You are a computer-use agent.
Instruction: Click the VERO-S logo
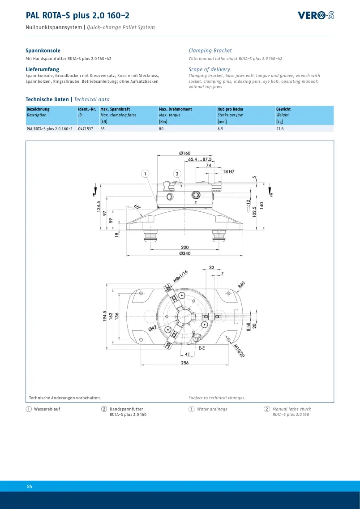(x=316, y=15)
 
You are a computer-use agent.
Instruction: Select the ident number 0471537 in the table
(x=86, y=129)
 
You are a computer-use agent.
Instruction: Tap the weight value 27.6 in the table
(x=280, y=129)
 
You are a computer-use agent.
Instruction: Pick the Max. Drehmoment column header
(x=175, y=109)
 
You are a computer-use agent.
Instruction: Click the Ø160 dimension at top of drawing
(x=185, y=153)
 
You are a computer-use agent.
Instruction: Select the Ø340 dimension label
(x=185, y=253)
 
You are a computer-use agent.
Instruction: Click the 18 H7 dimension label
(x=228, y=171)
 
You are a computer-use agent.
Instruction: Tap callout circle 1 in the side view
(x=145, y=174)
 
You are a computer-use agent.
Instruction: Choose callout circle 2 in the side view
(x=177, y=174)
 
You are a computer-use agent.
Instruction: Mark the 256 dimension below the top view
(x=185, y=363)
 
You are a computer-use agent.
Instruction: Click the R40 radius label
(x=241, y=285)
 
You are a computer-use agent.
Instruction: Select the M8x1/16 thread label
(x=180, y=276)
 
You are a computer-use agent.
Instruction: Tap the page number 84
(x=30, y=486)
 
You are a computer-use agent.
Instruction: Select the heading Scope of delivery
(x=210, y=69)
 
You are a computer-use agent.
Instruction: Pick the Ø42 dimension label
(x=153, y=328)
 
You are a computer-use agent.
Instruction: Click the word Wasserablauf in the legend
(x=47, y=409)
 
